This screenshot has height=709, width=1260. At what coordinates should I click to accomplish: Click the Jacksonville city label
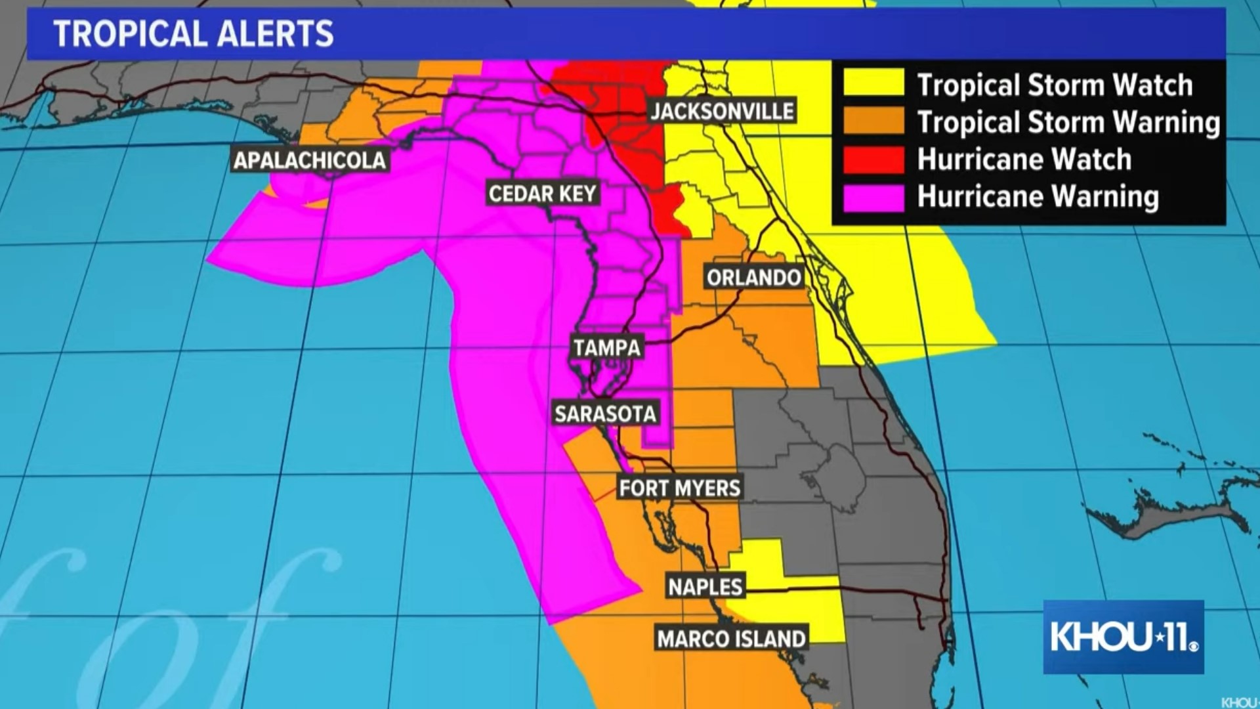point(722,111)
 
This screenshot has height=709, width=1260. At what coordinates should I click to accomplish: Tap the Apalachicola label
point(310,160)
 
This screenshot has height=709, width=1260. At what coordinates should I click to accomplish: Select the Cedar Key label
point(542,194)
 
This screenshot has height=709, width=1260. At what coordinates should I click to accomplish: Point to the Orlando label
point(754,278)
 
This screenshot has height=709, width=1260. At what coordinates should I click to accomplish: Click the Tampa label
point(607,347)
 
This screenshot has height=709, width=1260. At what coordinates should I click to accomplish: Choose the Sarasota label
point(605,414)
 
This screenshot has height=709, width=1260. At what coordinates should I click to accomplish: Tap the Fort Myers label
point(680,488)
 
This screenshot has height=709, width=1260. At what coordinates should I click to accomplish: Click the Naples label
point(705,586)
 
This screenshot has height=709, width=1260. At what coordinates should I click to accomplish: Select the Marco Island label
point(731,639)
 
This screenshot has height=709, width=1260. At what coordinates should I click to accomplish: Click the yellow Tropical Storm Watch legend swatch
point(873,84)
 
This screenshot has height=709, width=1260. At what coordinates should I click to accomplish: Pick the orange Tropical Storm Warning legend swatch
point(873,121)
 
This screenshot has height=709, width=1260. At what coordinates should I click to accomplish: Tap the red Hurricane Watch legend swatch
point(873,160)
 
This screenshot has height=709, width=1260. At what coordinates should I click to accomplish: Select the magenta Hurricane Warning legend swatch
point(873,197)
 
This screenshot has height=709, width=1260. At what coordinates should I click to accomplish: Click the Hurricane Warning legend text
point(1038,197)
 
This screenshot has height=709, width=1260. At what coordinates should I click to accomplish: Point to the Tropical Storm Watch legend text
point(1055,85)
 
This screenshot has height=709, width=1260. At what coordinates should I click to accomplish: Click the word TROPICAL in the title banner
point(129,34)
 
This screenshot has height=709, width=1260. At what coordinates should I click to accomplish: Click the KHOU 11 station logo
point(1123,637)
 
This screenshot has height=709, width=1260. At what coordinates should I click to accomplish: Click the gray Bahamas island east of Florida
point(1168,515)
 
